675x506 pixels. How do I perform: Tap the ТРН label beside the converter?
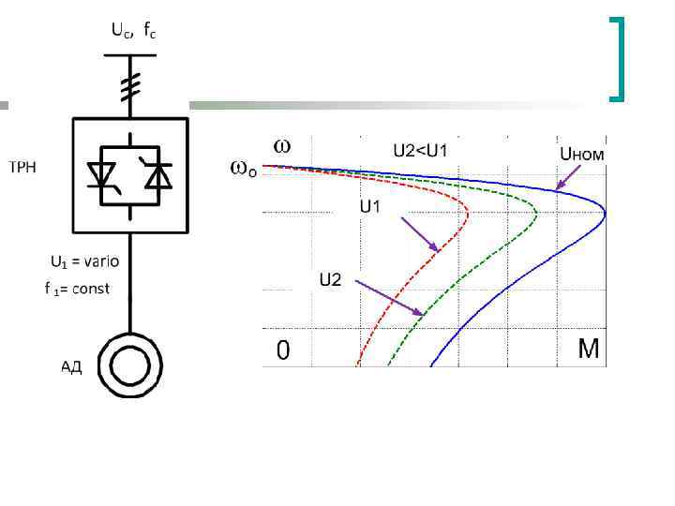(24, 168)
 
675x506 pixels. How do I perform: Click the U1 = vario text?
(84, 261)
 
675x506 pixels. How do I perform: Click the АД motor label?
(71, 366)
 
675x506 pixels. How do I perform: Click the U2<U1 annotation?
(427, 149)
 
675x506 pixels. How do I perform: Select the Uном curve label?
(581, 154)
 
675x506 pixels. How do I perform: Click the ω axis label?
(281, 146)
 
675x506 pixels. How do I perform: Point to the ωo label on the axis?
(242, 171)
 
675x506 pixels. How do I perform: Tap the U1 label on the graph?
(370, 205)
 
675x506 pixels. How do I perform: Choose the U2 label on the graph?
(330, 278)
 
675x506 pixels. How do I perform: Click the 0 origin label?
(282, 350)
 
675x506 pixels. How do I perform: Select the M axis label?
(588, 350)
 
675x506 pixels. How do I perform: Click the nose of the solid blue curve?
(605, 215)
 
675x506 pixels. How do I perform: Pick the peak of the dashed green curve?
(536, 212)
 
